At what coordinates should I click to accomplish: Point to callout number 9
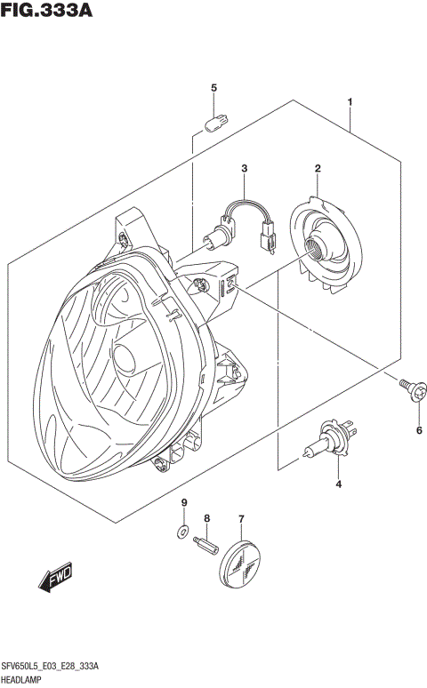click(x=185, y=504)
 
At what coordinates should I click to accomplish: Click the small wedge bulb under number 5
click(x=213, y=120)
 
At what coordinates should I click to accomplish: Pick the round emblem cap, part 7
click(x=242, y=557)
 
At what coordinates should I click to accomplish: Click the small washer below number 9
click(x=181, y=533)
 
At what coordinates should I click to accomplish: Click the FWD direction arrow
click(x=56, y=578)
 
